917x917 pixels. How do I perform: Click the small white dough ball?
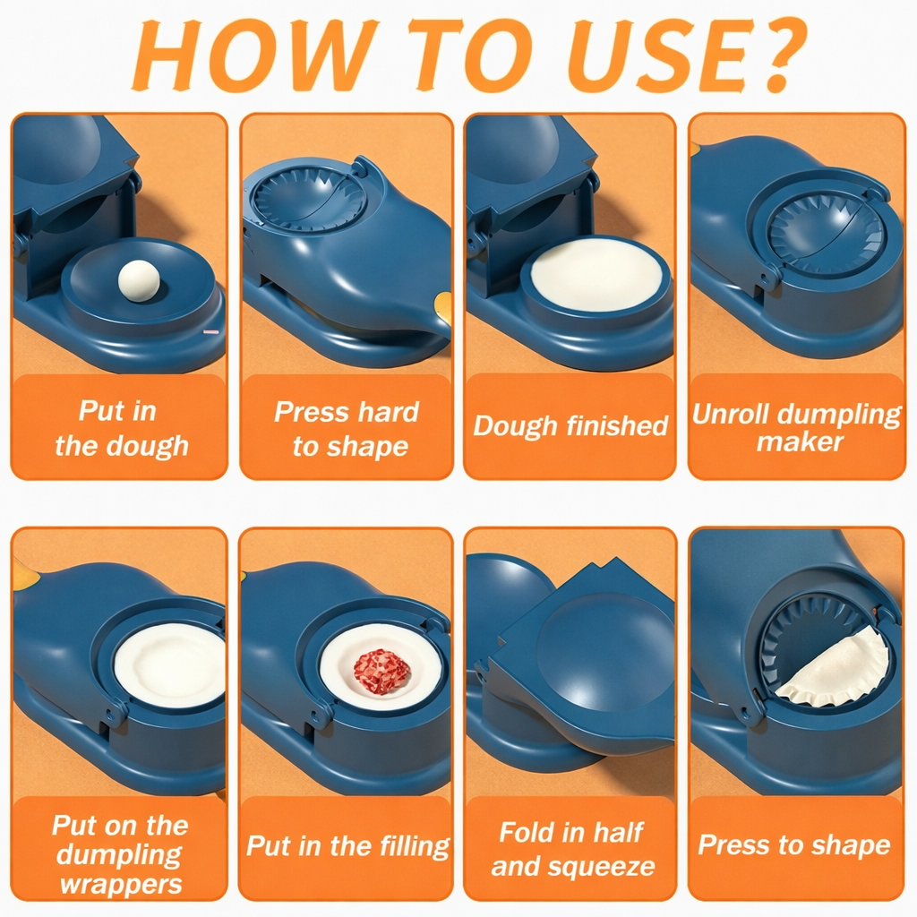[x=139, y=279]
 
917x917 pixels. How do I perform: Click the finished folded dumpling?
[x=833, y=667]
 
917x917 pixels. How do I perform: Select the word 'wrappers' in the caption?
[x=121, y=885]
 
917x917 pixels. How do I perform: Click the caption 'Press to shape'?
[x=794, y=844]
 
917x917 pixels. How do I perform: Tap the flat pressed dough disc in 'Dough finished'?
[x=596, y=274]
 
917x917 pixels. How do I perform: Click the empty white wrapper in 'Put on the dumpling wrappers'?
[x=169, y=665]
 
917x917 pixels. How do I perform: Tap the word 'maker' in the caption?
[x=800, y=441]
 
